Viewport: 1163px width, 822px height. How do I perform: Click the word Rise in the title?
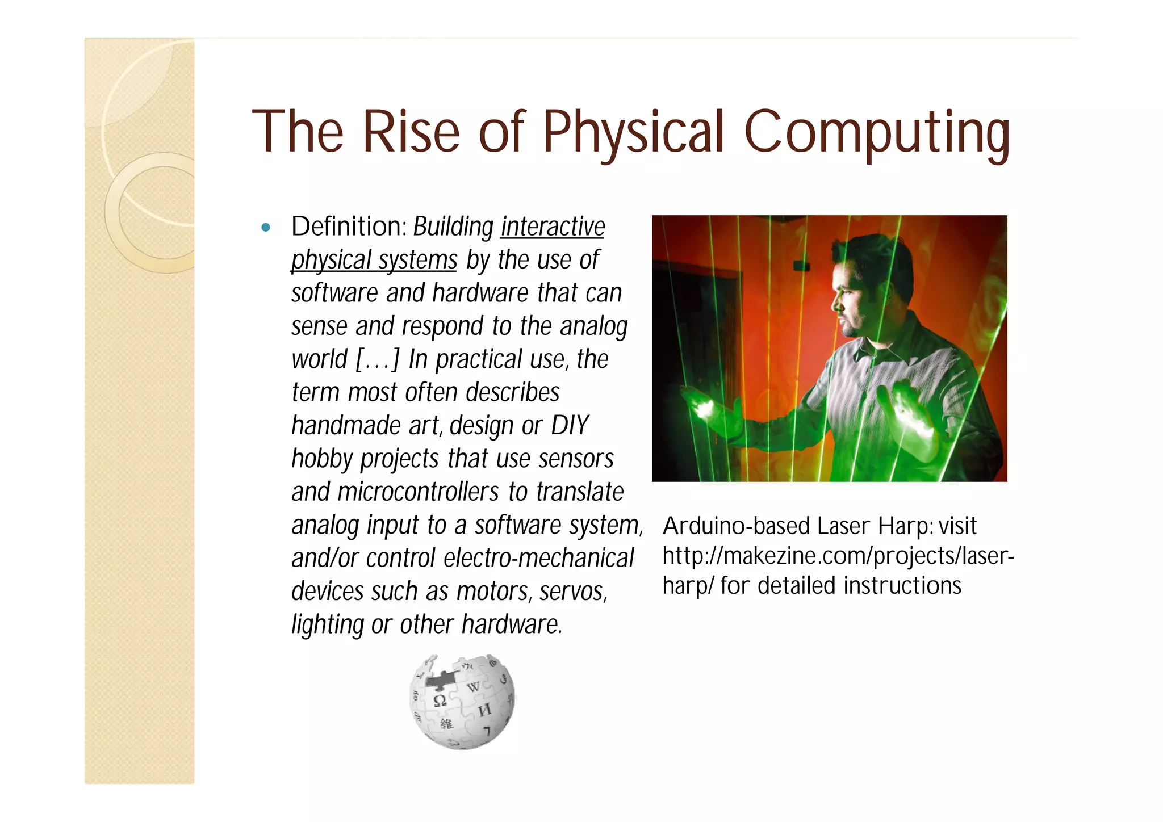point(411,132)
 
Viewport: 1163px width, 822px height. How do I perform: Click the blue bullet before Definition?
point(265,228)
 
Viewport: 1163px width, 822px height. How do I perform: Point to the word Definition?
point(348,226)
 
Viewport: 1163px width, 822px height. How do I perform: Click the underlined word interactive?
point(553,227)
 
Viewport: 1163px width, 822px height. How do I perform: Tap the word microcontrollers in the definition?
point(419,492)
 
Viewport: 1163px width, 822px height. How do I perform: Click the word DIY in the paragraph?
point(570,425)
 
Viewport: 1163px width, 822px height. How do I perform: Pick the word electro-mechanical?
point(538,558)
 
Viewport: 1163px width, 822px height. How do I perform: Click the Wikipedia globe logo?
point(462,702)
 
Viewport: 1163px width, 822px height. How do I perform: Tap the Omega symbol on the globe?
point(440,701)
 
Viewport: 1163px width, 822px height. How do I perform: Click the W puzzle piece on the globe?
point(473,687)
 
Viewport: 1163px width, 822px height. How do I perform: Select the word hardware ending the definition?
point(511,624)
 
